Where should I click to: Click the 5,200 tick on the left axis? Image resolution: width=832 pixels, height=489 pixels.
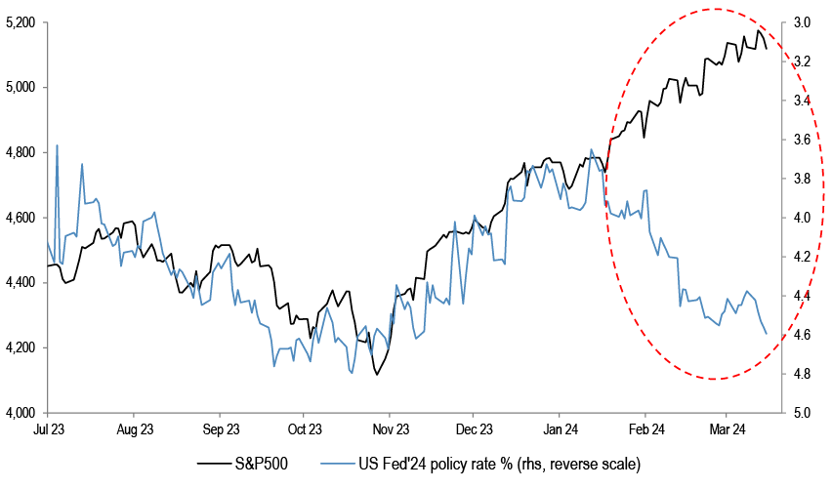click(21, 21)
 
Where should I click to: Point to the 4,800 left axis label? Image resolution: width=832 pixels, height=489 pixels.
click(21, 152)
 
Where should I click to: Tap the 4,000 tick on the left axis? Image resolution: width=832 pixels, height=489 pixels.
click(21, 412)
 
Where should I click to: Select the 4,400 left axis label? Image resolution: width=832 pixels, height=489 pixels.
click(21, 282)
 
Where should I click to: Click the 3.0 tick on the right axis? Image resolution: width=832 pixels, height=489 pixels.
click(802, 21)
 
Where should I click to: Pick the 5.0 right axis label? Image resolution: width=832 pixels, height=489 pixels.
click(802, 412)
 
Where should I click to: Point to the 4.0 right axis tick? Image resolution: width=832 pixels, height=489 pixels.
click(802, 217)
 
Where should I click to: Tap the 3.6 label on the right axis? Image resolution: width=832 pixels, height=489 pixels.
click(802, 139)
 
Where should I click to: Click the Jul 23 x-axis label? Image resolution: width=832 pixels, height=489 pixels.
click(49, 428)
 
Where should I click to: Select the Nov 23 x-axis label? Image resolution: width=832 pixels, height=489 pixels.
click(390, 428)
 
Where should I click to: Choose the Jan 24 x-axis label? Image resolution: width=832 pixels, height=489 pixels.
click(560, 428)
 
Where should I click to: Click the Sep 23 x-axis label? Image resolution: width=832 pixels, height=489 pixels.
click(221, 428)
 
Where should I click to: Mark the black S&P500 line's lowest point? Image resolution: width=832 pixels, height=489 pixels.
click(376, 374)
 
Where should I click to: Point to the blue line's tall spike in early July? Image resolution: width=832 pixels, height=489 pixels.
click(57, 145)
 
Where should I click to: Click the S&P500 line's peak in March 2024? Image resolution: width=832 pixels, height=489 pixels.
click(759, 31)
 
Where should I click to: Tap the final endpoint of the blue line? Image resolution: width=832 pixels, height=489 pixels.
click(767, 334)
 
